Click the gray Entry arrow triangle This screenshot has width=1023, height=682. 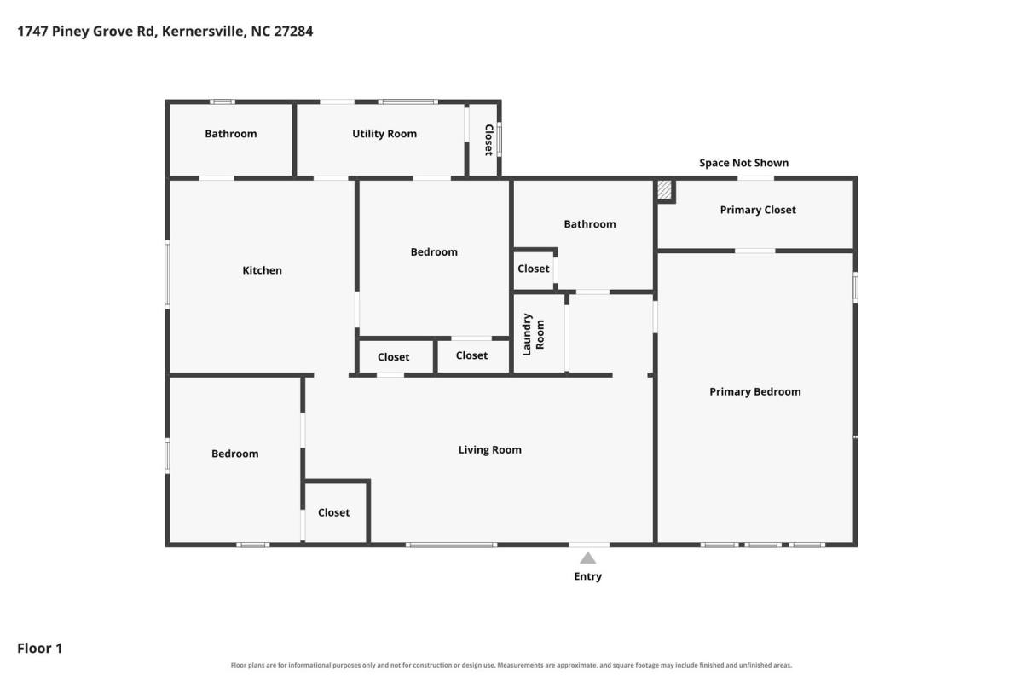tap(587, 558)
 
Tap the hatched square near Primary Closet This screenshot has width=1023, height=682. tap(664, 189)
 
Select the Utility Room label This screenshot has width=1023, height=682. tap(384, 134)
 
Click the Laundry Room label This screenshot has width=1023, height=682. tap(534, 334)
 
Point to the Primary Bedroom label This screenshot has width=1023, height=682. tap(755, 391)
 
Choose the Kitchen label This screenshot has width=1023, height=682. tap(263, 270)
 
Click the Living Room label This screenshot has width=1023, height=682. tap(490, 450)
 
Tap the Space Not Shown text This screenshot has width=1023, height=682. tap(744, 163)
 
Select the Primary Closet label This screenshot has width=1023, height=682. tap(758, 210)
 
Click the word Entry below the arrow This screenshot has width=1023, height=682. tap(587, 576)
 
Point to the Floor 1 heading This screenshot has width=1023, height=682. tap(40, 648)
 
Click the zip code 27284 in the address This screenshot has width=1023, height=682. tap(293, 31)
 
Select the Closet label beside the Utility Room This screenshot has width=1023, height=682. tap(488, 140)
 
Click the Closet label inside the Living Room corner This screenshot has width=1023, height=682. tap(334, 512)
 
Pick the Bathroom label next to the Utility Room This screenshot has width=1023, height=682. tap(231, 134)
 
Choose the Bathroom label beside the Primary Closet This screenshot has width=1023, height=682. tap(590, 224)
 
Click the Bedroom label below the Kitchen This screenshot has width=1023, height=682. tap(234, 454)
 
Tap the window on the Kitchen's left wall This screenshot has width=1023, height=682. tap(168, 275)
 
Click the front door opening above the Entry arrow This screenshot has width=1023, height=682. tap(589, 545)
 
